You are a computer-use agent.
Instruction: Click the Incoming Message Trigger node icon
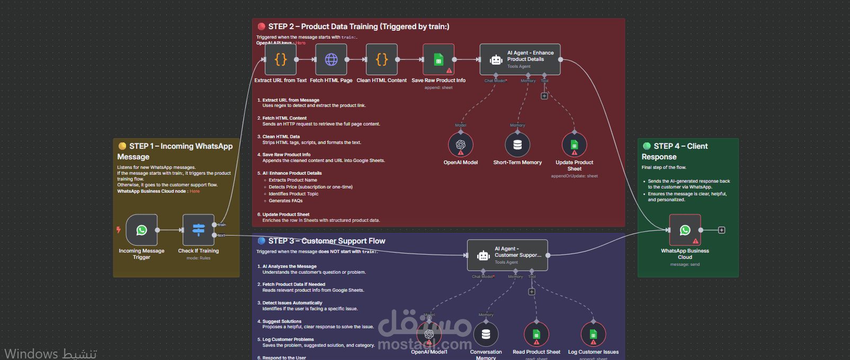coord(141,230)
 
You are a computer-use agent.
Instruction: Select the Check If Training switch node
coord(199,230)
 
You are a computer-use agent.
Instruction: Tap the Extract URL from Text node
coord(281,59)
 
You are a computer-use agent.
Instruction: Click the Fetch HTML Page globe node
coord(331,59)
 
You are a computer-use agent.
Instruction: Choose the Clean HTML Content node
coord(381,59)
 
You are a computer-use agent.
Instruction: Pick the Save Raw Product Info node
coord(439,59)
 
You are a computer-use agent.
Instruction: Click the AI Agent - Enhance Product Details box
coord(520,59)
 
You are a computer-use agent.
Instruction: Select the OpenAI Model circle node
coord(461,145)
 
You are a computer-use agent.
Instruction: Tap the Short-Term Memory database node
coord(517,145)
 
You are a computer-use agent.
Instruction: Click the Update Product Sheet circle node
coord(575,145)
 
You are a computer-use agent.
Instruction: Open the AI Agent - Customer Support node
coord(507,255)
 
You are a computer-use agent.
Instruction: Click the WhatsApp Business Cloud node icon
coord(685,230)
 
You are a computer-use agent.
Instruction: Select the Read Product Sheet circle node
coord(536,335)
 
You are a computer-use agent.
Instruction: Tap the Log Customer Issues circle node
coord(593,335)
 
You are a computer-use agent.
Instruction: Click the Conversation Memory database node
coord(486,335)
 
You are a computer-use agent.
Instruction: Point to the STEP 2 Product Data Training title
coord(359,26)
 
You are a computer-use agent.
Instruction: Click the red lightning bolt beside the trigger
coord(119,230)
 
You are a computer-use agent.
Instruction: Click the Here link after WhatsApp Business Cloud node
coord(195,191)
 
